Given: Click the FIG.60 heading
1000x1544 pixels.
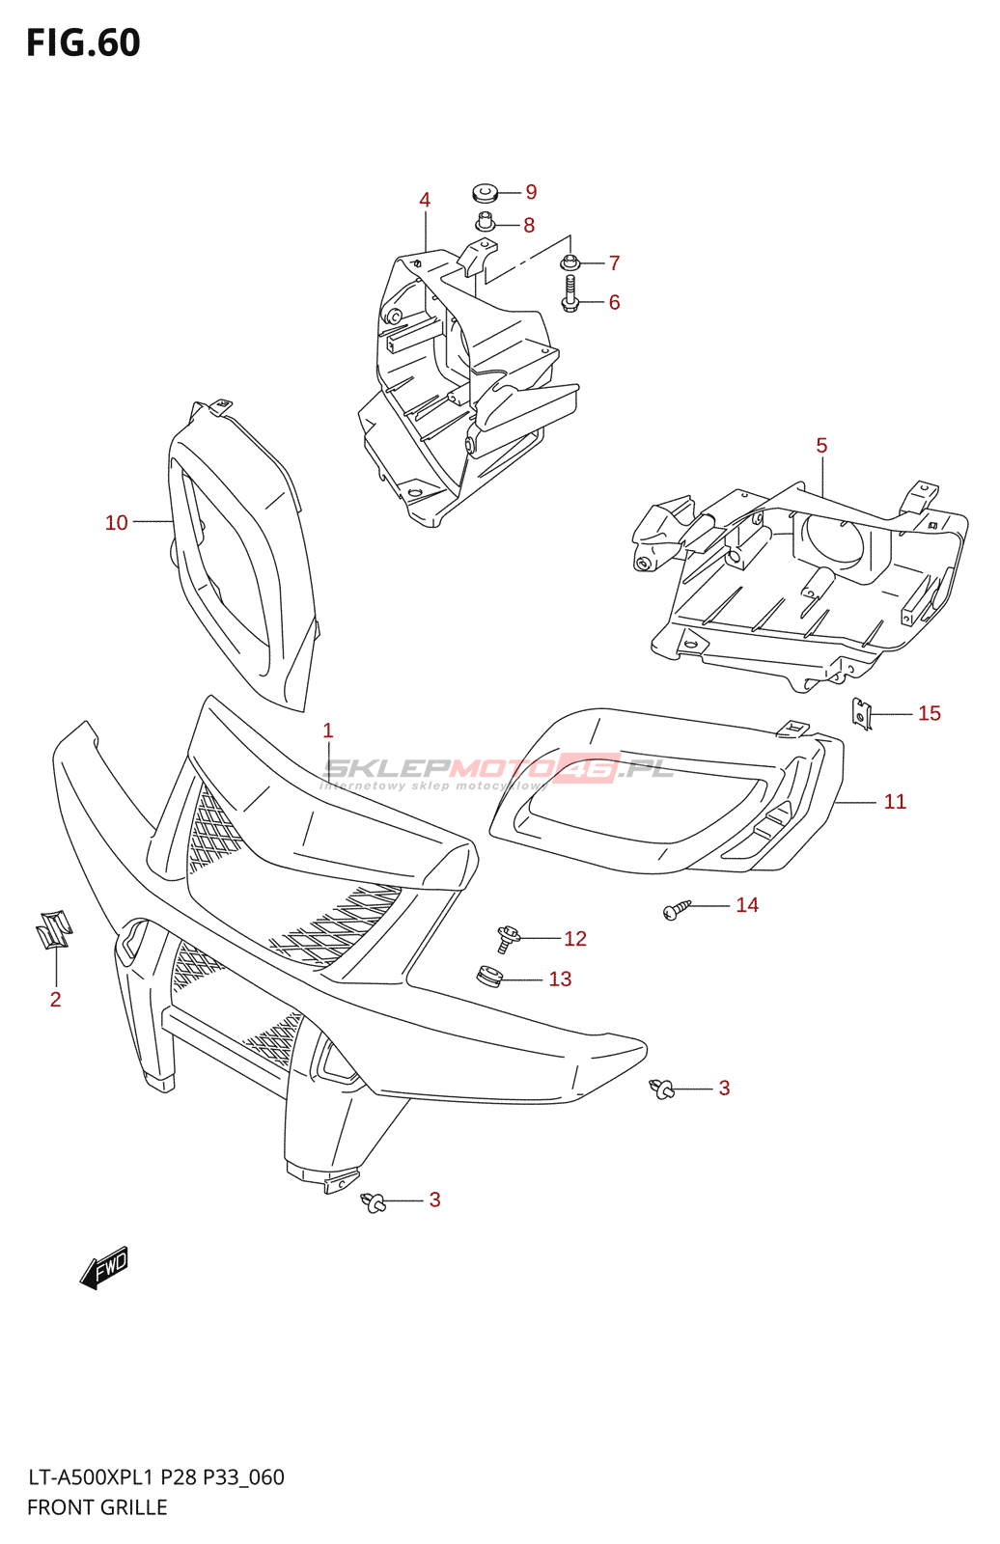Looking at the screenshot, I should (84, 43).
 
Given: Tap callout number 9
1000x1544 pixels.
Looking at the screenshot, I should (531, 192).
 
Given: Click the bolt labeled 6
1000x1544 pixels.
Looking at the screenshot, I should (569, 294).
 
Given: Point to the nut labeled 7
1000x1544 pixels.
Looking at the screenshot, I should (569, 262).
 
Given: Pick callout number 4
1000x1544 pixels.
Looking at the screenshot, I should (425, 200).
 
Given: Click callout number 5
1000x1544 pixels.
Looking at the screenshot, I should (821, 445).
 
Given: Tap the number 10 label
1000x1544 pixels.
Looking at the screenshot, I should (116, 522).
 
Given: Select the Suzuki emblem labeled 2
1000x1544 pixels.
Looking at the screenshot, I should (54, 928).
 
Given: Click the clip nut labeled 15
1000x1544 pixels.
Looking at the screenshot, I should (862, 714).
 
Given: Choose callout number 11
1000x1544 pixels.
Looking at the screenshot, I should (895, 801).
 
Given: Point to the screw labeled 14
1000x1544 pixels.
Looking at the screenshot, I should (677, 909).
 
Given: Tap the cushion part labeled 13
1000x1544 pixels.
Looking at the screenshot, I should (490, 977).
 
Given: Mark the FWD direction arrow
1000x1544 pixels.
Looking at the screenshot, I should (104, 1268).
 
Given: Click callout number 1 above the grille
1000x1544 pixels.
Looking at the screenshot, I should (328, 731).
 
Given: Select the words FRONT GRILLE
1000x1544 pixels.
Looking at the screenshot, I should (97, 1507).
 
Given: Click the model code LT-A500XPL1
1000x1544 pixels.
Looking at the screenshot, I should (91, 1477).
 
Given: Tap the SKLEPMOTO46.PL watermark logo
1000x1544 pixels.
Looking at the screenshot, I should (498, 769).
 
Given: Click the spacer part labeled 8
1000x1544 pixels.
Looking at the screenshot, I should (486, 222).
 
